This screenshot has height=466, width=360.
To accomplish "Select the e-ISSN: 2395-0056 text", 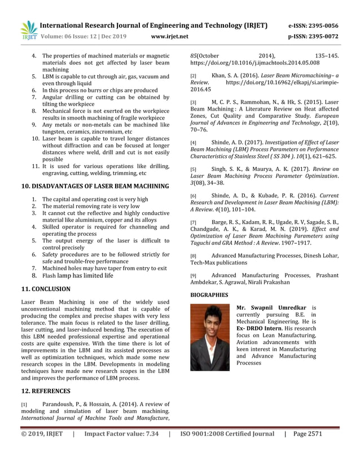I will [313, 25].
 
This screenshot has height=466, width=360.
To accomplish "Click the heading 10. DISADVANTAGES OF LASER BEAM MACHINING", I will [95, 186].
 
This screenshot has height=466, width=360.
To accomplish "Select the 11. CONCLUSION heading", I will [46, 289].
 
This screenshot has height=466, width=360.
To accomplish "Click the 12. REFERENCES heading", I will [46, 390].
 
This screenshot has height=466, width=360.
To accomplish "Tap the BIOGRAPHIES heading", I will [209, 294].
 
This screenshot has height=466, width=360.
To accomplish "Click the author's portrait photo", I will [210, 337].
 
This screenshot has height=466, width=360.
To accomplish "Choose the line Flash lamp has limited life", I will [78, 276].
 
